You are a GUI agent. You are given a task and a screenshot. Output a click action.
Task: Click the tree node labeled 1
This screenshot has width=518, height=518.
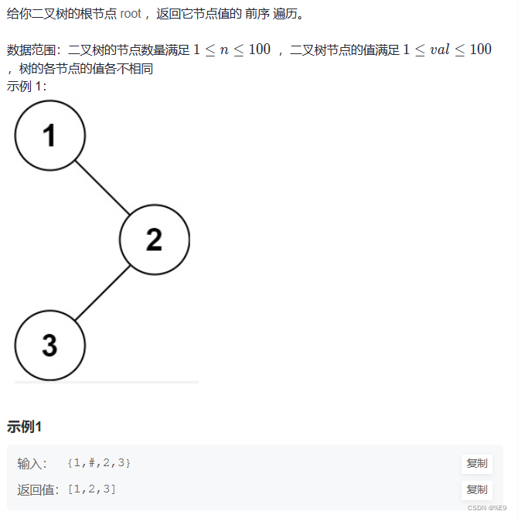coord(49,136)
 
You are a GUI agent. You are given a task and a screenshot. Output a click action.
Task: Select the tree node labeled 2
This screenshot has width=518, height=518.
coord(154,240)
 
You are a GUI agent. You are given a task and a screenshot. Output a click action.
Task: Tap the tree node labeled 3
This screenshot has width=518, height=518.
coord(49,345)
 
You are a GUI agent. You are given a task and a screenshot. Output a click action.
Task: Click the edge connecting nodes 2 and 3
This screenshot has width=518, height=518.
coord(102,292)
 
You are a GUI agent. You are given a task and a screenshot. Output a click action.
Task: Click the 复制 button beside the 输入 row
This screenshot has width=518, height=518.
coord(476,464)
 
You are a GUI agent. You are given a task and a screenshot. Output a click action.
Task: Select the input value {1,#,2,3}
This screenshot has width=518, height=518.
coord(99,463)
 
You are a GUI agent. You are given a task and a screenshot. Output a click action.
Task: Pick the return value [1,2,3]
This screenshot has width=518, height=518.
coord(91,489)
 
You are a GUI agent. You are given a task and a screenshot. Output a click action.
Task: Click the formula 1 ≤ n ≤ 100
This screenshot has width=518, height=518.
coord(232,49)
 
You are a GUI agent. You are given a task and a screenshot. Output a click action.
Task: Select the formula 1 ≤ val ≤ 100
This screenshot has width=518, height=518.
coord(447,49)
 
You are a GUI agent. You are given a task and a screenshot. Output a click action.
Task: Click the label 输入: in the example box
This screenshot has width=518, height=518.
coord(32,463)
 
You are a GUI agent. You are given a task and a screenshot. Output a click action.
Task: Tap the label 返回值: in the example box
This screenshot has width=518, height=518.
coord(38,489)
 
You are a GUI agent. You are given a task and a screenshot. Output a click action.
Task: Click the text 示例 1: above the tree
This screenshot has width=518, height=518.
coord(27,85)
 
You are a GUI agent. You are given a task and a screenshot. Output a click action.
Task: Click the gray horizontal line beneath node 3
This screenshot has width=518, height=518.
coord(107,382)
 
